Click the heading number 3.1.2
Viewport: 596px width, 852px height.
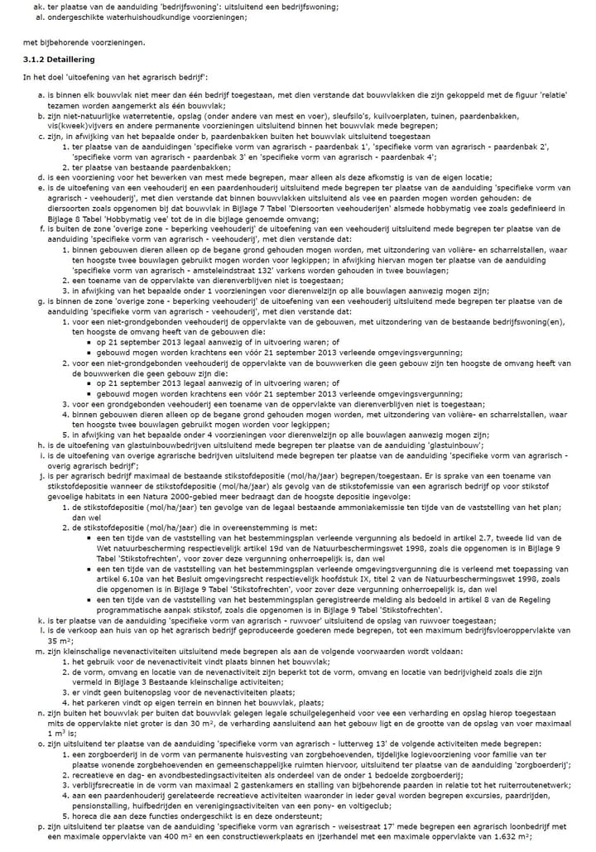click(x=33, y=60)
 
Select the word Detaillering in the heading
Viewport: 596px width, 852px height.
click(x=70, y=60)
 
